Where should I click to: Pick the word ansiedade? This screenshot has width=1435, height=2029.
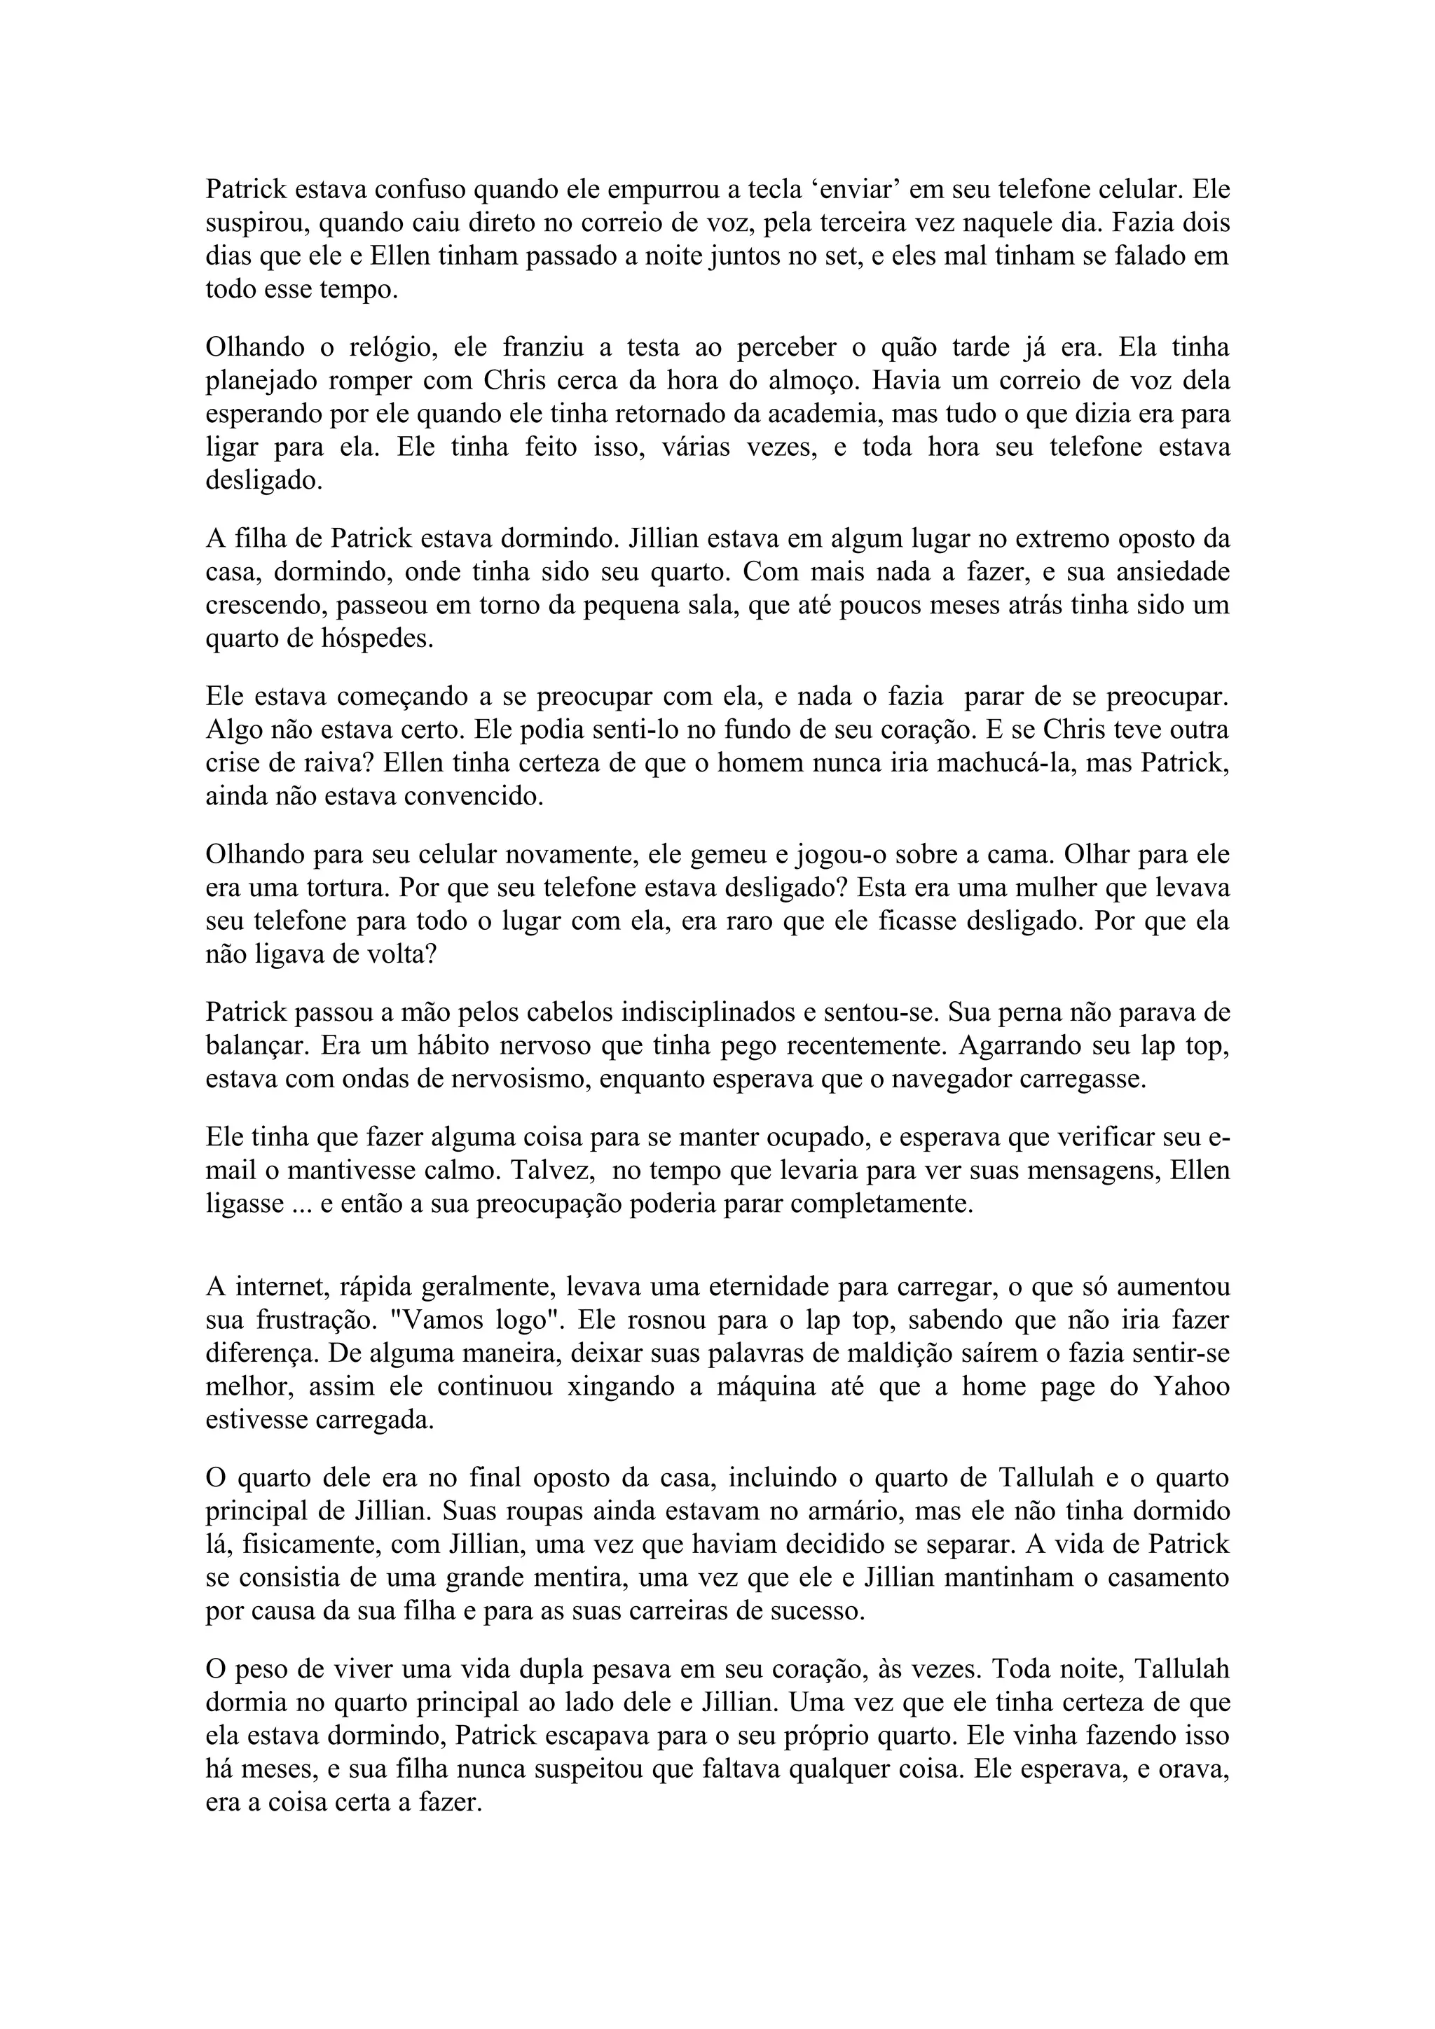1148,573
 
